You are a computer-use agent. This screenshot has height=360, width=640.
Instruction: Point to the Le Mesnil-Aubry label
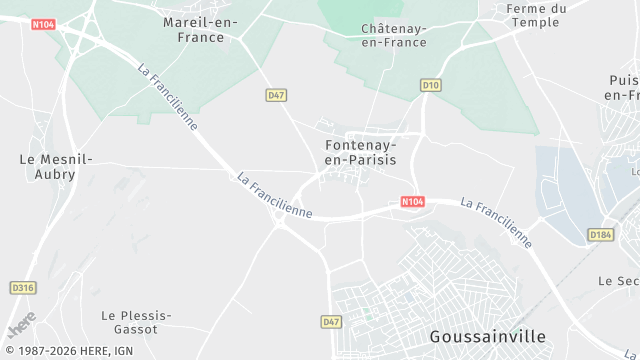click(x=56, y=166)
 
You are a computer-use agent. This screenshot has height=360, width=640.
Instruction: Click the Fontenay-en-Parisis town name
click(x=361, y=152)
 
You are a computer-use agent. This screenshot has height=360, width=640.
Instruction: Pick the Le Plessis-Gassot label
click(x=137, y=322)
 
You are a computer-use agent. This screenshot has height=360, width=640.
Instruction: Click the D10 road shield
click(x=431, y=85)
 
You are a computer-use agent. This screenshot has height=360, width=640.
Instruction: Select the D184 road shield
click(x=600, y=235)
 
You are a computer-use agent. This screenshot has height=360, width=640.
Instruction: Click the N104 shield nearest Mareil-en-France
click(x=42, y=22)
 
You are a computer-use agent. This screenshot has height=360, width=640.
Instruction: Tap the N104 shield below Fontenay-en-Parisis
click(x=412, y=202)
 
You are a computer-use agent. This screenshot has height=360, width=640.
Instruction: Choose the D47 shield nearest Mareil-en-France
click(x=277, y=94)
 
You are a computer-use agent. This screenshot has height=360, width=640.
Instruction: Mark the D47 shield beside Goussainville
click(x=332, y=322)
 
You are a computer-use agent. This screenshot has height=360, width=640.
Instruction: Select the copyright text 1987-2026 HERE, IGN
click(x=67, y=351)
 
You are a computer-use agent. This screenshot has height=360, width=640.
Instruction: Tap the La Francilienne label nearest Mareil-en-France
click(x=168, y=97)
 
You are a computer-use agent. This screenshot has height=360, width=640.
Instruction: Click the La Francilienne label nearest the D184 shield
click(x=496, y=220)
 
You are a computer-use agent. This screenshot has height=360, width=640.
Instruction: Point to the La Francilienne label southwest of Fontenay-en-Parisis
click(x=275, y=195)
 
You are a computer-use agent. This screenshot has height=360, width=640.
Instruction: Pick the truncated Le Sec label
click(x=618, y=281)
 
